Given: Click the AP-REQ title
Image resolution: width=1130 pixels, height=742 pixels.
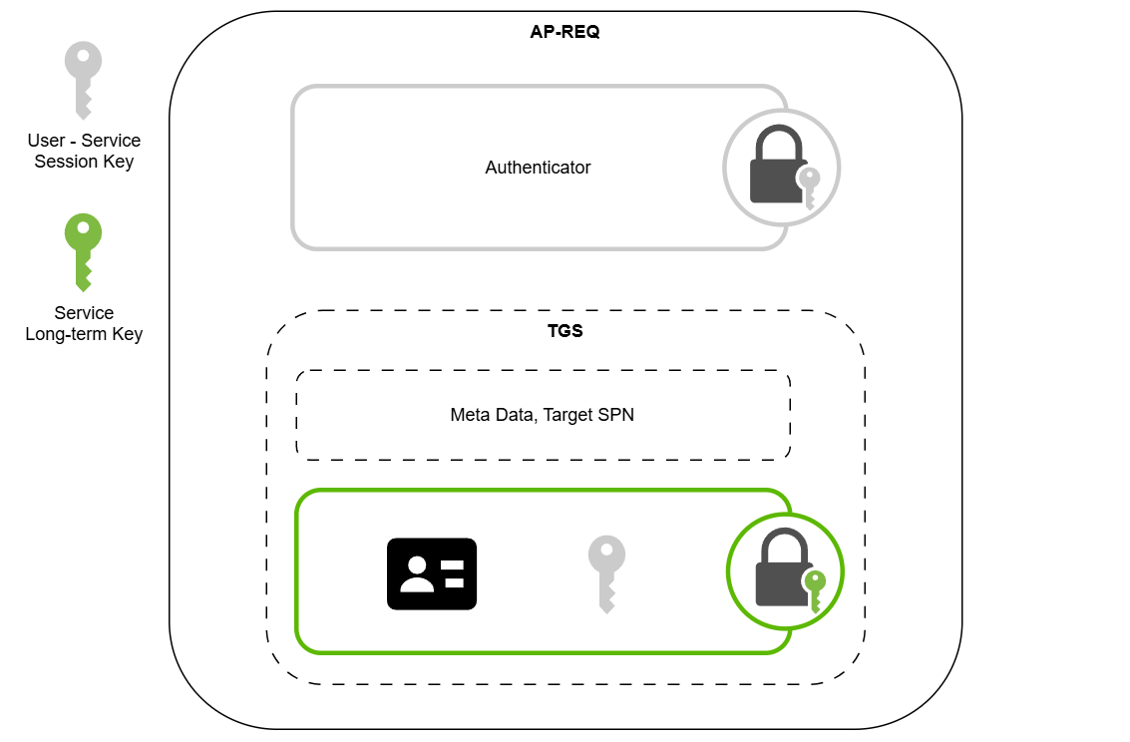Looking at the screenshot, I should pos(565,32).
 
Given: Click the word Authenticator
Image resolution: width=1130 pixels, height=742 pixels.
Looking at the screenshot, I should pos(538,168).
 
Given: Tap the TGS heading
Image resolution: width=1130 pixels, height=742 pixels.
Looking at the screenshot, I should pos(565,331).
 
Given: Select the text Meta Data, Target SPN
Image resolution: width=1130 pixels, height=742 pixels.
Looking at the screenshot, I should pos(542,415).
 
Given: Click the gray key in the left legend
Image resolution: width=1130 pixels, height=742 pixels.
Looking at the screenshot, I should pos(83,78).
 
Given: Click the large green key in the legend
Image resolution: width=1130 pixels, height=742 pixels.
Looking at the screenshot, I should pos(83,250).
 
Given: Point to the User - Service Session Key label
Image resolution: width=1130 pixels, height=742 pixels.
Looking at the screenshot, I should pos(84,151).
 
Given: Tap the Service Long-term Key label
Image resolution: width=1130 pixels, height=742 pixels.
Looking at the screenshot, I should pos(84,323).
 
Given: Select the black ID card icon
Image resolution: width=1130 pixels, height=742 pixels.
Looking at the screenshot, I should pos(432,573).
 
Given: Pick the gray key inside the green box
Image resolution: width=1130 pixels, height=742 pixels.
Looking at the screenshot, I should pos(605,572).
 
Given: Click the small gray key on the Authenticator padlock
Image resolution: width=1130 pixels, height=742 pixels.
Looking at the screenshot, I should pos(810,187).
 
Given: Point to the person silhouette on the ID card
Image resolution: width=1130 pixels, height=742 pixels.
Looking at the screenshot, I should pos(416,573).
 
